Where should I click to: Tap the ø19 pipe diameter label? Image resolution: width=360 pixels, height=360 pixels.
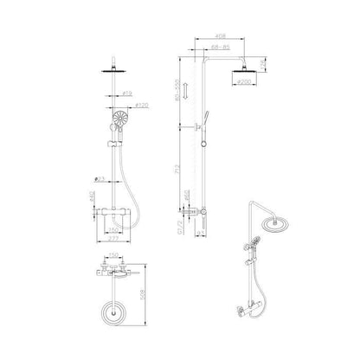[126, 92]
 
